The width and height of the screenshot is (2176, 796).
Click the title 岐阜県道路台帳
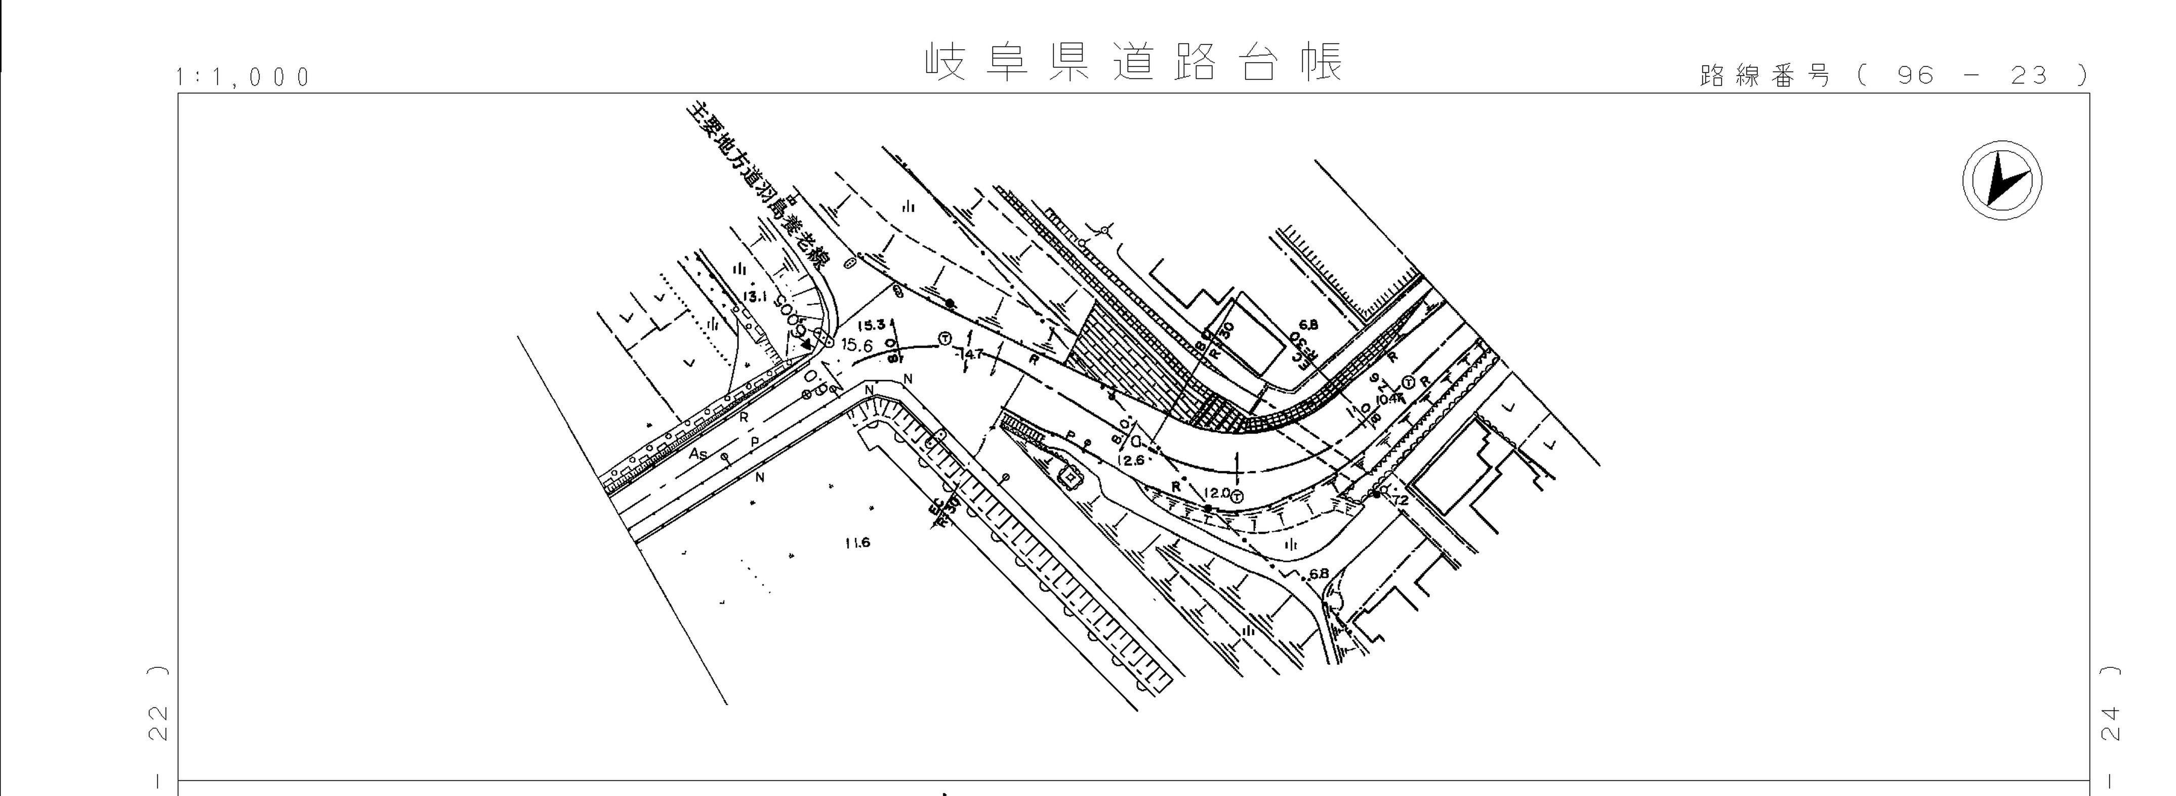[x=1134, y=62]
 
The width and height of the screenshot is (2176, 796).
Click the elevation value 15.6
[x=856, y=345]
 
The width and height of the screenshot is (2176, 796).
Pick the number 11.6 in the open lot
[x=856, y=542]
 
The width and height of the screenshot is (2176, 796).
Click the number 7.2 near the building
[x=1400, y=500]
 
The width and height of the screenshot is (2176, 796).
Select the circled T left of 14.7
[x=945, y=339]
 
